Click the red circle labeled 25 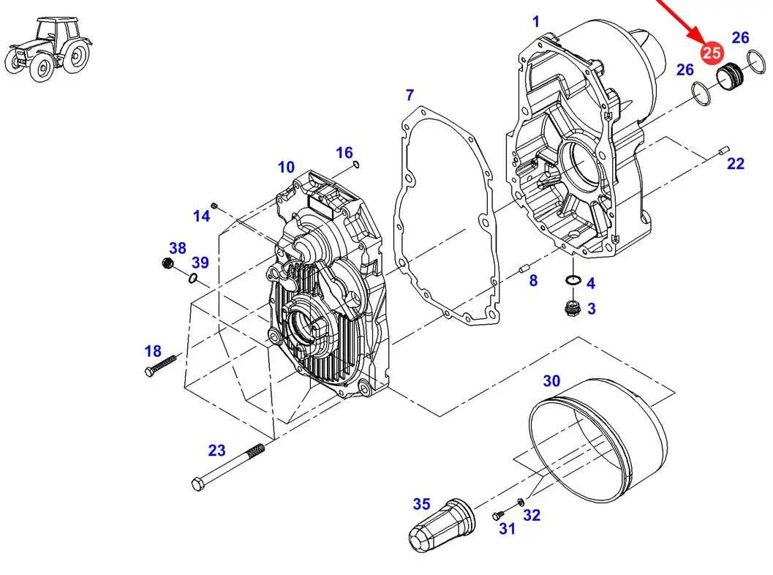712,52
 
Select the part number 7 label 410,94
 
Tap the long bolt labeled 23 227,467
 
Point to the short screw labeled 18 161,365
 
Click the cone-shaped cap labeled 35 442,525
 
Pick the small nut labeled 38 167,263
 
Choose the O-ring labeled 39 193,279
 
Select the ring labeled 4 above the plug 573,280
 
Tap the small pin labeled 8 524,269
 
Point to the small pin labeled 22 723,150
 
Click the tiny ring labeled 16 356,164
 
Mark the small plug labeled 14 214,205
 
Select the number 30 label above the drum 551,380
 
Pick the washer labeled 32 521,502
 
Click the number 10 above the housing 286,168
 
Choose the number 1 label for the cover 536,22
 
